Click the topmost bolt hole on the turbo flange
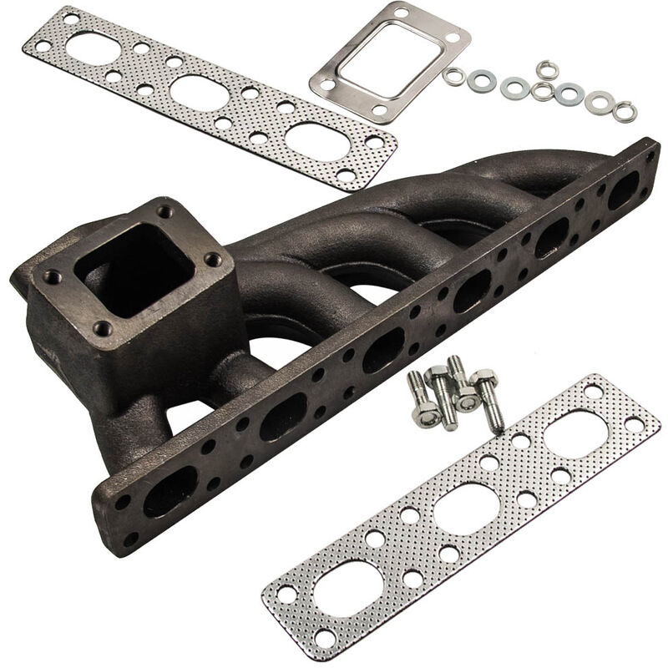(164, 211)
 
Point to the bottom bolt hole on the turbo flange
(103, 327)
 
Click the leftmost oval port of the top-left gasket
(93, 49)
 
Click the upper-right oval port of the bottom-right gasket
(575, 434)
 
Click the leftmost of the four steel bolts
(421, 400)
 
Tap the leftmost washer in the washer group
(453, 77)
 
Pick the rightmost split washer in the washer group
(624, 111)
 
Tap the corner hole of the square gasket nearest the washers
(452, 38)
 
